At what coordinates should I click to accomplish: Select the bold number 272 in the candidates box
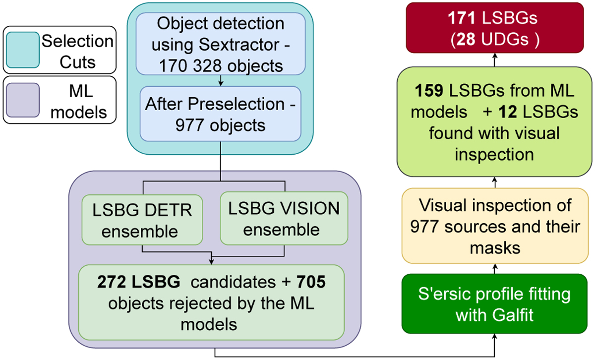click(110, 282)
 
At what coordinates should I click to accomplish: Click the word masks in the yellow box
click(494, 247)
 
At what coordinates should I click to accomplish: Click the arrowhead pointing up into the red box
click(494, 56)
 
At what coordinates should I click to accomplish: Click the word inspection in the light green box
click(494, 154)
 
